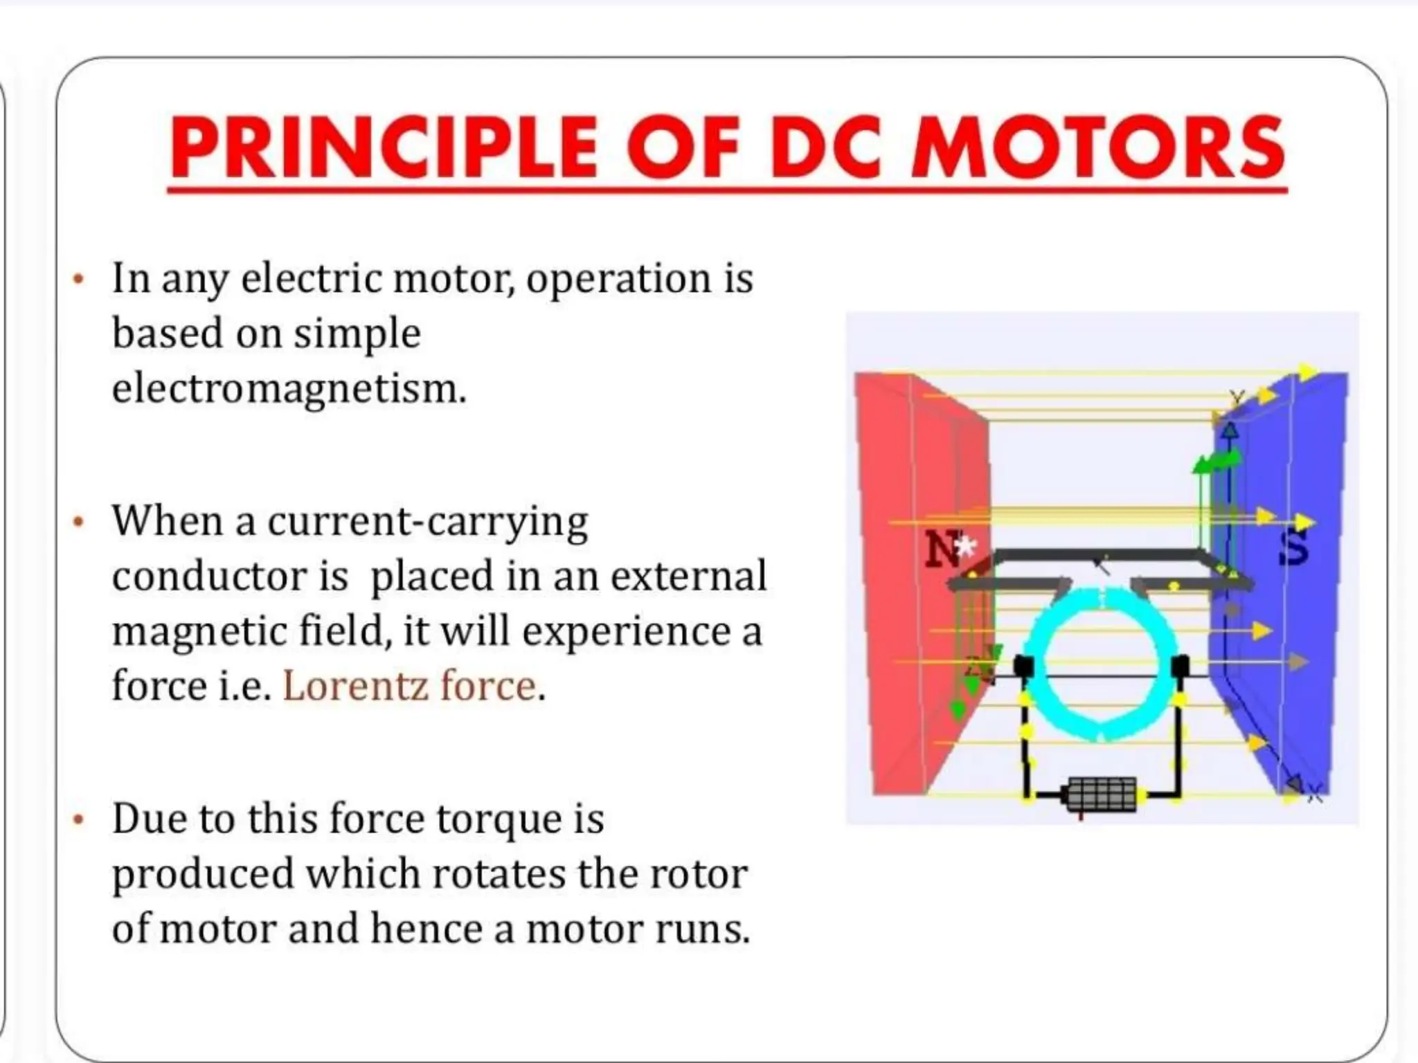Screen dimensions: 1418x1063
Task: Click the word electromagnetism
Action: coord(289,388)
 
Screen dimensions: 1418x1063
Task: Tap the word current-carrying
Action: coord(427,522)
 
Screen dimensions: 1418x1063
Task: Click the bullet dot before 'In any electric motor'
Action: coord(79,280)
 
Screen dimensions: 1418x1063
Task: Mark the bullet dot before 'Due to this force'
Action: coord(79,820)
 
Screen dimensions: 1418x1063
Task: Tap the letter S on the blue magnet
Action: coord(1293,549)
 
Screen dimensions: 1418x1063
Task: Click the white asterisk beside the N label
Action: coord(964,547)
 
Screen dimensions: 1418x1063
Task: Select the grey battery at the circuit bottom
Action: coord(1101,794)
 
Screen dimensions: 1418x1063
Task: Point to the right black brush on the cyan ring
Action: coord(1179,666)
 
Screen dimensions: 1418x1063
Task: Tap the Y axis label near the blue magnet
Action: coord(1237,398)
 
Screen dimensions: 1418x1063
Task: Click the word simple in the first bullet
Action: coord(357,334)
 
